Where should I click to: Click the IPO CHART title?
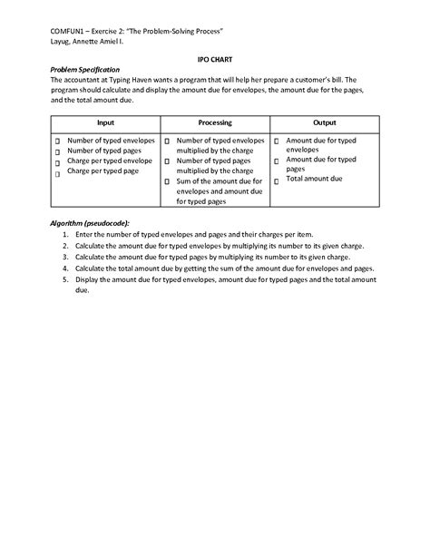(214, 57)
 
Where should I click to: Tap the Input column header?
(106, 122)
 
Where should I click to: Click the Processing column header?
(215, 122)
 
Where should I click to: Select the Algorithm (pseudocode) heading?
(90, 223)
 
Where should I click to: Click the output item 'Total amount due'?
(314, 179)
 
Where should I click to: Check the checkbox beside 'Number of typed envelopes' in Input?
(56, 142)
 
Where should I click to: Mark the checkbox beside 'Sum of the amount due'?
(167, 180)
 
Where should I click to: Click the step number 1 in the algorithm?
(66, 235)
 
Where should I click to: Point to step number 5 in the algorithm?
(66, 279)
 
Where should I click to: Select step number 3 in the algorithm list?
(66, 257)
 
